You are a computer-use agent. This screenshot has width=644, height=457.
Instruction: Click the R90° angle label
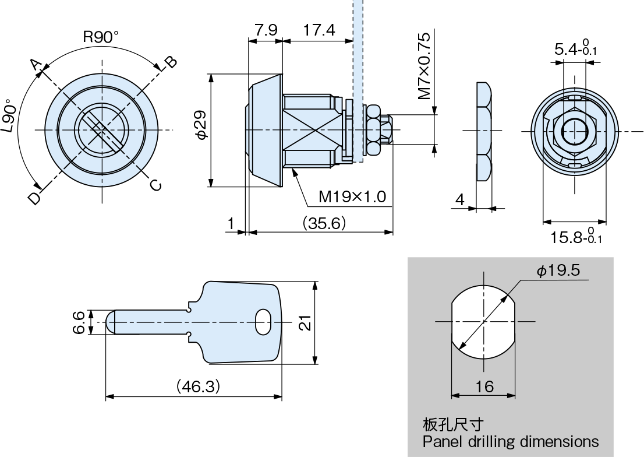click(100, 37)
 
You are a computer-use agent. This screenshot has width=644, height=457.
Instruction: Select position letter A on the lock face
click(37, 66)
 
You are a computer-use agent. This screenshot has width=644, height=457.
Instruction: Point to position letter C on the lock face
click(155, 185)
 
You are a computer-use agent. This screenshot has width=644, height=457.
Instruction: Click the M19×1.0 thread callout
click(352, 197)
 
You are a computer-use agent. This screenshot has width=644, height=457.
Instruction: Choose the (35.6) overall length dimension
click(324, 223)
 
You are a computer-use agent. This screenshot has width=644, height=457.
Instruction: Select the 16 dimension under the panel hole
click(484, 386)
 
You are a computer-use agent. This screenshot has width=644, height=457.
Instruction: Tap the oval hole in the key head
click(263, 322)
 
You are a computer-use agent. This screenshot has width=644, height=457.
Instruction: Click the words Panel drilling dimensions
click(511, 441)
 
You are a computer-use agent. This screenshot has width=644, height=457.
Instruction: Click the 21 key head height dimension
click(305, 322)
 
